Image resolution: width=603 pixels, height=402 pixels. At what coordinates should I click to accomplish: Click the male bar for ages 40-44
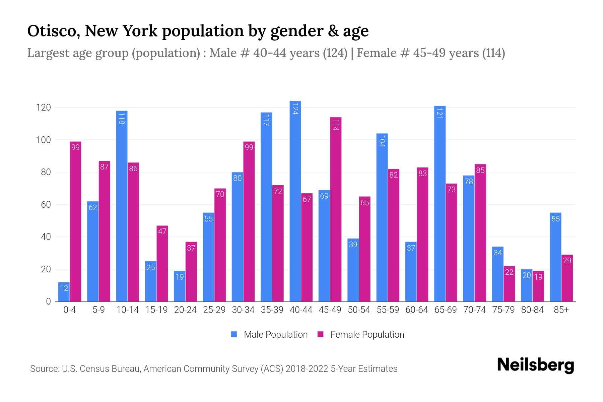click(295, 201)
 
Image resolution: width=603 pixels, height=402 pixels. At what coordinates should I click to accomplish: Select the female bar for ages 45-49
click(336, 209)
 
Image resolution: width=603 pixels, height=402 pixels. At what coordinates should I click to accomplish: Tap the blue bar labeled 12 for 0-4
click(64, 292)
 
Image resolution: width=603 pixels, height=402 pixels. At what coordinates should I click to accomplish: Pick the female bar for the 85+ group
click(567, 278)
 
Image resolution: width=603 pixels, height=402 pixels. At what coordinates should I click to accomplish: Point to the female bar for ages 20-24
click(191, 271)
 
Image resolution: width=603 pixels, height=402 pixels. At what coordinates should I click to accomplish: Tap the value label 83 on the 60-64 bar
click(422, 174)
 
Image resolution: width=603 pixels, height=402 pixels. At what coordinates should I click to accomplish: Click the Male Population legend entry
click(275, 335)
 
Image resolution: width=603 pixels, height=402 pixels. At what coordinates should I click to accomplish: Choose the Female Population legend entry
click(367, 335)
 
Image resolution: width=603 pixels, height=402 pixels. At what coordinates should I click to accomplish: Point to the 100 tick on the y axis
click(43, 140)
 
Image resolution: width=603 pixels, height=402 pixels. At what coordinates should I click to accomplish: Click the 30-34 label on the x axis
click(243, 310)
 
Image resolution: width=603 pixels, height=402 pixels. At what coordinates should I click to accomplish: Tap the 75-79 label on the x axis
click(503, 310)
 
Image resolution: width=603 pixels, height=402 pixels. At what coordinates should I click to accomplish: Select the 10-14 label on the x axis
click(127, 310)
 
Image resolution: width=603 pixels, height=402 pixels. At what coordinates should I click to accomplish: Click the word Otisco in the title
click(53, 31)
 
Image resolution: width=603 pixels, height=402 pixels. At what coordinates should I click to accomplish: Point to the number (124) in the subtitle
click(335, 53)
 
